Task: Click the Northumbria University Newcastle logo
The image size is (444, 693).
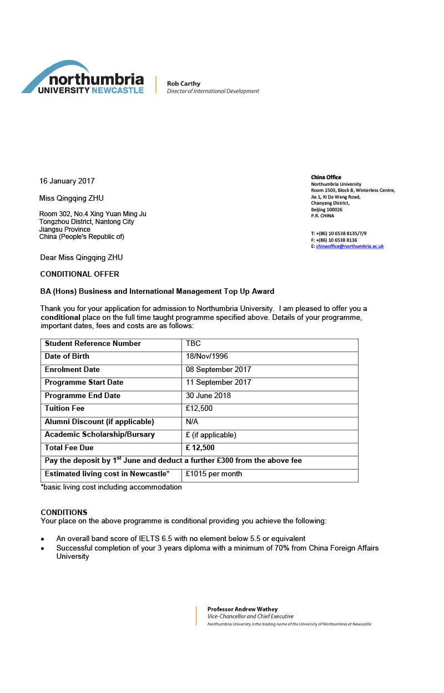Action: [x=83, y=78]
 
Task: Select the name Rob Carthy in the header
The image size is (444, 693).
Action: [x=184, y=84]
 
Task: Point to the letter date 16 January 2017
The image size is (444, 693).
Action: [x=67, y=181]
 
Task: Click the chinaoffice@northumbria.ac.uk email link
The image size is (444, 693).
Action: [x=350, y=246]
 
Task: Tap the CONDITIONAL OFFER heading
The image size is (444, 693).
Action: [x=80, y=274]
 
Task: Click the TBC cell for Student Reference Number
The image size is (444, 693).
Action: [x=193, y=344]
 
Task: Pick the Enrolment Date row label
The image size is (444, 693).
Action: [x=72, y=370]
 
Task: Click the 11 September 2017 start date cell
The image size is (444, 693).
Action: [x=218, y=383]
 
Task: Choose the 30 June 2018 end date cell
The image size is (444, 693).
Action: [x=208, y=396]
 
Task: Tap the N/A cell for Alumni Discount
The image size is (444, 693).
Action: [x=192, y=422]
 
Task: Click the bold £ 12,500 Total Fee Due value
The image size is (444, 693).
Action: [x=200, y=448]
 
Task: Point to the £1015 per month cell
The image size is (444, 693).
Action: [x=214, y=474]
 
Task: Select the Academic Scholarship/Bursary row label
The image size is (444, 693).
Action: [x=100, y=435]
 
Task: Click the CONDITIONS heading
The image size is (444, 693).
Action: [x=64, y=512]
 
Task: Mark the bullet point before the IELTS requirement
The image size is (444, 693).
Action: [x=43, y=539]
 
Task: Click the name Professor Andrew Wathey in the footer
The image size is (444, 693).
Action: [x=243, y=609]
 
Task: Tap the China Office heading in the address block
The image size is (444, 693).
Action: [x=326, y=177]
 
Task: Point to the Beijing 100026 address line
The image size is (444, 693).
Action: [x=327, y=210]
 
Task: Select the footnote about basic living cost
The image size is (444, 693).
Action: [x=111, y=487]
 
